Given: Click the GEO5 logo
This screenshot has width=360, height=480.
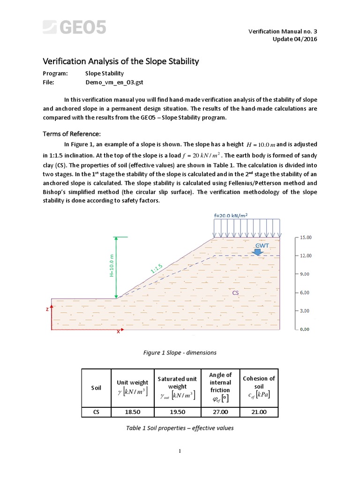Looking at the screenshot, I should click(75, 27).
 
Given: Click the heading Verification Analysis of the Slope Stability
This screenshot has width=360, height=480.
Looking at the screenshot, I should click(121, 61).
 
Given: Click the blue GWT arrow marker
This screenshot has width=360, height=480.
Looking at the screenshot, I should click(257, 252).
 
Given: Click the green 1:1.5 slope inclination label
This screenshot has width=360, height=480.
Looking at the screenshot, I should click(157, 269).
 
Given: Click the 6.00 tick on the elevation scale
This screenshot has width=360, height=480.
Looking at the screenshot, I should click(304, 292).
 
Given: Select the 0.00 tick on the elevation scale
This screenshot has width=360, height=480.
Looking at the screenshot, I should click(304, 330).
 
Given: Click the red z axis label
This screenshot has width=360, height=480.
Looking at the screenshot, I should click(47, 310).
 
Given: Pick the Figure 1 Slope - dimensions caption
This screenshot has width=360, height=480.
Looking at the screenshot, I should click(180, 352).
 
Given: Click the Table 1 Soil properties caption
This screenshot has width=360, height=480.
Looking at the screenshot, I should click(180, 427).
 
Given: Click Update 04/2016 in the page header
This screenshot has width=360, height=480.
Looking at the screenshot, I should click(295, 38).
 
